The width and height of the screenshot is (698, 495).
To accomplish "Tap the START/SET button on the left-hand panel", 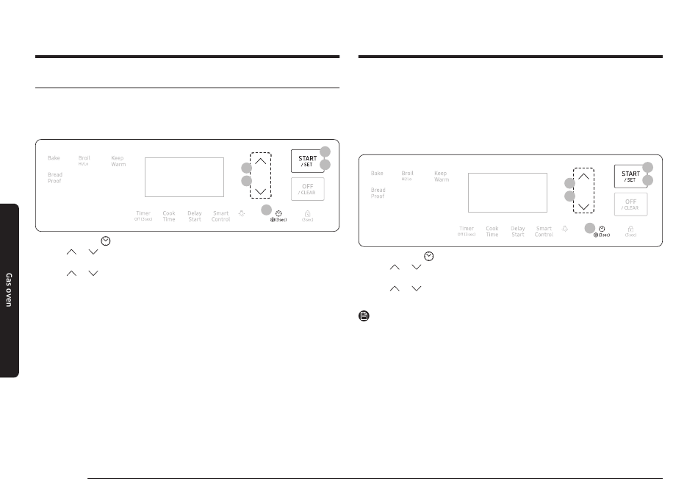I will (308, 160).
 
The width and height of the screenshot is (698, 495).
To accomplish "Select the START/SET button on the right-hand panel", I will (630, 176).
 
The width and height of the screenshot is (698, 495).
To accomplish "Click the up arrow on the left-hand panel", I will (260, 163).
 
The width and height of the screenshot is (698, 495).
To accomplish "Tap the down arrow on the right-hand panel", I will (584, 206).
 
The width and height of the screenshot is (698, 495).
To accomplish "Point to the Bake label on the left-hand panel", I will (54, 158).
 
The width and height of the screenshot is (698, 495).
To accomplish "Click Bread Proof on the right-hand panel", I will (378, 193).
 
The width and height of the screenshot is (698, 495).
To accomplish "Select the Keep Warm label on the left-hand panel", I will (118, 160).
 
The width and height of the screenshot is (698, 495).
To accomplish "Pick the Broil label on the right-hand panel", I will (407, 174).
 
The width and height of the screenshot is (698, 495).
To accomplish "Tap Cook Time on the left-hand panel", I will (169, 216).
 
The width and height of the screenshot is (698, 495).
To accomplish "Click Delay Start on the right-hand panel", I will (518, 231).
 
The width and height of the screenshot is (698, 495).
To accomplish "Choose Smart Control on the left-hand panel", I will (220, 216).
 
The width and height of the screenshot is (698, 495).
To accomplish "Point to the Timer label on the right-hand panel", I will (467, 231).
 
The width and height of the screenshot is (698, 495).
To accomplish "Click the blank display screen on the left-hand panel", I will (184, 177).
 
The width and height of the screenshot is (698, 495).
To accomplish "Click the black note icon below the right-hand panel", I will (364, 317).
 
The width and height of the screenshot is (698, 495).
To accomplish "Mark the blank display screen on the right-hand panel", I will (507, 193).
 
